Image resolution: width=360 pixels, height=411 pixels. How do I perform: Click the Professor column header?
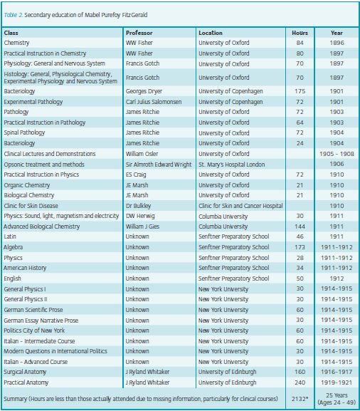(x=139, y=33)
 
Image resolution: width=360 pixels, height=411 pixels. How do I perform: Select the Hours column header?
(x=300, y=33)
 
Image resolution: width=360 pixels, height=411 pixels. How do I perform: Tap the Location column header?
(x=211, y=33)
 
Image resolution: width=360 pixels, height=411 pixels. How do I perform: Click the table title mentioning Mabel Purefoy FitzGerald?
(x=75, y=15)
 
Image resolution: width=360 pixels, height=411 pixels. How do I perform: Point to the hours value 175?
(x=300, y=91)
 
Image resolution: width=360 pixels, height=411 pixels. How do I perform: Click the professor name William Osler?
(x=142, y=154)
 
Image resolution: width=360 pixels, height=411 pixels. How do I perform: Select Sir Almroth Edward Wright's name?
(x=159, y=165)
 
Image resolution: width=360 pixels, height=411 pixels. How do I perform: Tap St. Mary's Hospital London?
(x=232, y=165)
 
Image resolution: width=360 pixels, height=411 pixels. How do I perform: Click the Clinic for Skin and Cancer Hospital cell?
(x=240, y=206)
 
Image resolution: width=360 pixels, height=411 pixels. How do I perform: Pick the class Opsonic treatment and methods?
(x=44, y=165)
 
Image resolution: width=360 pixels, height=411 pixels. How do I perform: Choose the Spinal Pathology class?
(x=24, y=132)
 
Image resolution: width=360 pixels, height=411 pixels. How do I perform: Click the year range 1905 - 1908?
(x=337, y=154)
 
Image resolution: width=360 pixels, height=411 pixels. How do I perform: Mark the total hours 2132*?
(x=300, y=399)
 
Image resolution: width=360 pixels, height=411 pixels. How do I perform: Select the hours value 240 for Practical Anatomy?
(x=300, y=383)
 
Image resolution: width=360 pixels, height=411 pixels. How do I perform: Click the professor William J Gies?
(x=142, y=227)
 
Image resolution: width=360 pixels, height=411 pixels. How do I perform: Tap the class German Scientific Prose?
(x=33, y=310)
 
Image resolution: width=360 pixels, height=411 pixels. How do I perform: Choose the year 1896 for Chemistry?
(x=337, y=43)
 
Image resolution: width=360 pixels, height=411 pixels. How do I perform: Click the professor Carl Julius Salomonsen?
(x=154, y=102)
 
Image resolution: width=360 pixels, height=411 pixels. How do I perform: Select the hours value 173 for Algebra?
(x=300, y=247)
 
